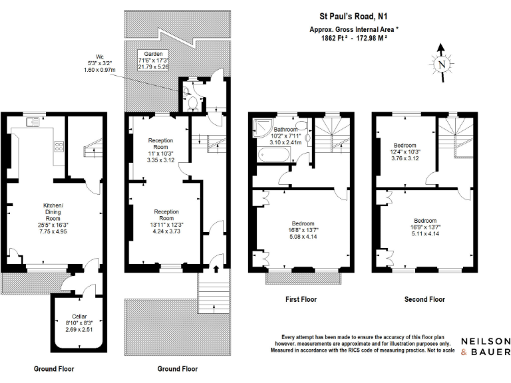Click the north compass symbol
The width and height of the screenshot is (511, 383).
point(442,63)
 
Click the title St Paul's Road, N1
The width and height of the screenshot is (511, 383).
point(353,16)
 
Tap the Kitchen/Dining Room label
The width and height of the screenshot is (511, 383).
point(53,219)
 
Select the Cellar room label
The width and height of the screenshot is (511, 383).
point(79,322)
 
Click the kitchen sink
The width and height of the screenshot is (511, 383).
point(33,122)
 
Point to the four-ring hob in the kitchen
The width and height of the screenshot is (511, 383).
point(59,146)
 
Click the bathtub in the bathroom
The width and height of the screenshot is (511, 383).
point(273,154)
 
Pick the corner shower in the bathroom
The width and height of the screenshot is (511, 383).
point(263,127)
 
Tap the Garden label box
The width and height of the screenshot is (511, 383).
point(153,61)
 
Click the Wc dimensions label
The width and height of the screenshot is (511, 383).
point(99,63)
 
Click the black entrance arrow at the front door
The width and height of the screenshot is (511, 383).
point(216,269)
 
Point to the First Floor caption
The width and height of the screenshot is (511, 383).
point(301,299)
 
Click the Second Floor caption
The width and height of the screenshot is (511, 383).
point(425,299)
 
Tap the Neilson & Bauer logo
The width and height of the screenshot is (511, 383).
point(485,346)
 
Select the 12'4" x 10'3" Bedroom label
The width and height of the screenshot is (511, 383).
point(405,152)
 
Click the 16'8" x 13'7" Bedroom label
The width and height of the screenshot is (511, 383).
point(303,230)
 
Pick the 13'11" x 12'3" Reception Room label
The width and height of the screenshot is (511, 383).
point(166,221)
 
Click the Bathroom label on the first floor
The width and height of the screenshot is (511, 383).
point(286,129)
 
